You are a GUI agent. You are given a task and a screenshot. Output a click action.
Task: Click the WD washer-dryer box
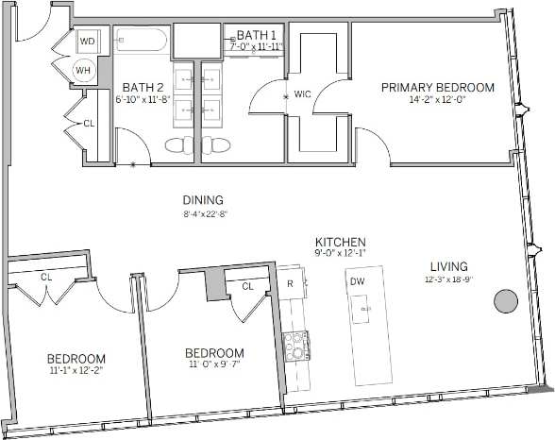click(87, 42)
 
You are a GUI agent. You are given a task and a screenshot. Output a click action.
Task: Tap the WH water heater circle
click(85, 70)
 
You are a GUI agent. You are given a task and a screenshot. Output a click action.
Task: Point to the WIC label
click(302, 95)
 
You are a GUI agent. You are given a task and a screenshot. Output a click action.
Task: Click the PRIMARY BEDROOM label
click(437, 88)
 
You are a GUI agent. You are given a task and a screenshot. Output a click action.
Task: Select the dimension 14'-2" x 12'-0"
click(437, 100)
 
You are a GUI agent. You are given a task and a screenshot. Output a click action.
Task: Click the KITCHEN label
click(341, 242)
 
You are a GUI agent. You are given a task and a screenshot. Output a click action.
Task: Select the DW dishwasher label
click(358, 281)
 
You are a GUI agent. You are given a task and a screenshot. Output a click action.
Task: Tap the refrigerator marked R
click(291, 282)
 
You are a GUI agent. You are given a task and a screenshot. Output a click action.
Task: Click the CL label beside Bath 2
click(89, 123)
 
